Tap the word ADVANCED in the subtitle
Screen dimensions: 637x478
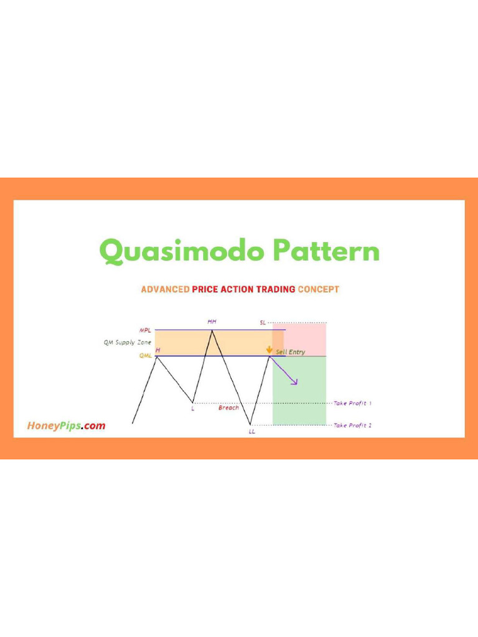coord(165,289)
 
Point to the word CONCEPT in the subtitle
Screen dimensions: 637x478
coord(319,289)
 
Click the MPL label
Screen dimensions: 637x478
coord(144,330)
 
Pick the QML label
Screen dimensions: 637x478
coord(146,356)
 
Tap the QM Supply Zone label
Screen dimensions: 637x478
coord(127,342)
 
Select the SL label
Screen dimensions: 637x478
coord(263,323)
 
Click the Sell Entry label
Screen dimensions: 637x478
coord(291,352)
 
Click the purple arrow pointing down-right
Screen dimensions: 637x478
coord(287,371)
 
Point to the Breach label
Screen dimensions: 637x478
coord(228,408)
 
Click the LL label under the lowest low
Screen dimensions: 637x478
coord(251,431)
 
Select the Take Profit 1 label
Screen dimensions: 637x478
coord(353,403)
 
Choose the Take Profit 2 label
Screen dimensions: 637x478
coord(353,425)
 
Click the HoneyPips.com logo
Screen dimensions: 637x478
coord(66,426)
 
